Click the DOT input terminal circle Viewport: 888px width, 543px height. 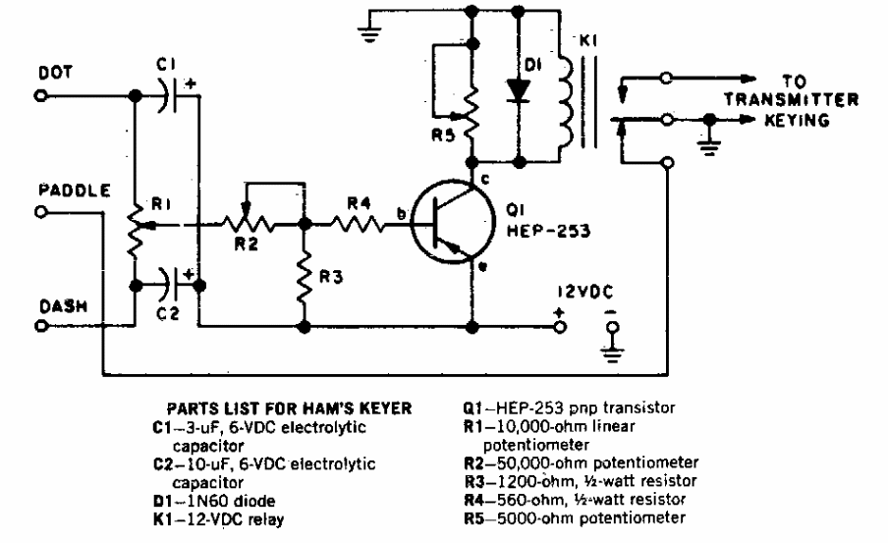coord(41,97)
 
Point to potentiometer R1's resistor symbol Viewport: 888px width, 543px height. coord(133,226)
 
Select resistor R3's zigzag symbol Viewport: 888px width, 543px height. coord(306,276)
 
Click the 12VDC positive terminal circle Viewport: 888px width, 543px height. coord(560,325)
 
